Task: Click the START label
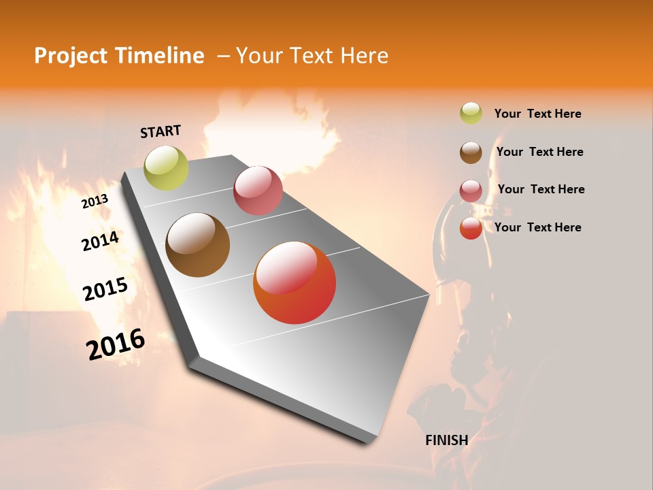(161, 131)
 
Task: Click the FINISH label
(446, 440)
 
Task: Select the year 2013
(95, 201)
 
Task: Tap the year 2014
(100, 241)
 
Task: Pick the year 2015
(105, 289)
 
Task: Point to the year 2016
(116, 344)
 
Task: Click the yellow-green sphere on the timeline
(166, 167)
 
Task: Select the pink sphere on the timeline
(258, 191)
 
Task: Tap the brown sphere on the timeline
(197, 244)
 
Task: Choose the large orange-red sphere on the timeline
(295, 282)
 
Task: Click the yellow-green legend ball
(471, 113)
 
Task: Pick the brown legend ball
(471, 152)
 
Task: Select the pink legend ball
(471, 190)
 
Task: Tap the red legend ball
(471, 228)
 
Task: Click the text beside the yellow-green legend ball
(537, 114)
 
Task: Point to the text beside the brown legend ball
(539, 152)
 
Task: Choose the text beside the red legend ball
(537, 227)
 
